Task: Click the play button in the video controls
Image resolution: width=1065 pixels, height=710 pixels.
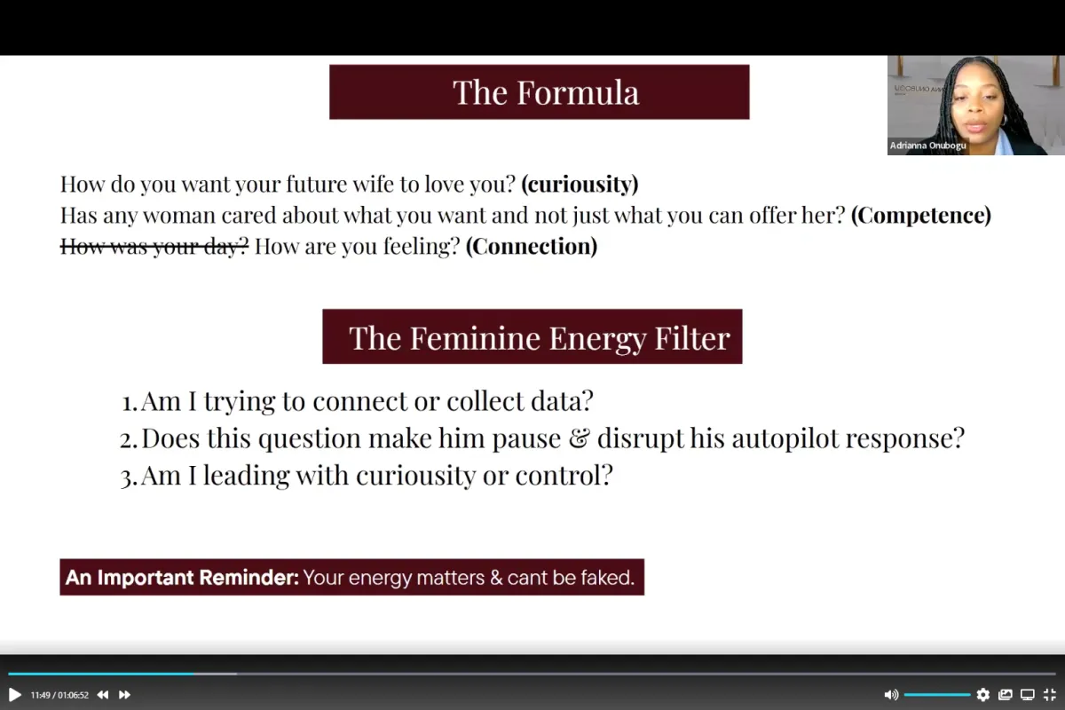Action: [x=15, y=695]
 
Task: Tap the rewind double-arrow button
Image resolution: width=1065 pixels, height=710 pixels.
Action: [x=103, y=695]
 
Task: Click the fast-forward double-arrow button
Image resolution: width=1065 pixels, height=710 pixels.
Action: [x=124, y=695]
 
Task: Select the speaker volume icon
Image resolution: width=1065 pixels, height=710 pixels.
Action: [x=891, y=695]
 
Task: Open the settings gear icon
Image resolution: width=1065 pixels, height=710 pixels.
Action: [x=982, y=695]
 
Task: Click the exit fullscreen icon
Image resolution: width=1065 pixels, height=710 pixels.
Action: [x=1049, y=695]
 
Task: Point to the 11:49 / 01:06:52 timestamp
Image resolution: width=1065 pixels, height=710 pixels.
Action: [x=59, y=695]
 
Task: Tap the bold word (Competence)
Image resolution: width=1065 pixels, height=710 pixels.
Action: [x=921, y=215]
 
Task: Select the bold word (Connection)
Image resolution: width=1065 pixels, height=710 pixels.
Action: [x=532, y=246]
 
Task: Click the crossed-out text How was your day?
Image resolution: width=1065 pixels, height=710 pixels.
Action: [x=154, y=246]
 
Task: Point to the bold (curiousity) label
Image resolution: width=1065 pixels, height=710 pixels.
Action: [x=580, y=184]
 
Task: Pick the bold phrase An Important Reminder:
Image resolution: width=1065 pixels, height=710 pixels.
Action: [x=182, y=578]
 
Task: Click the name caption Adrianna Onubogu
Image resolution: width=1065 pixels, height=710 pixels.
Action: [x=927, y=146]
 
